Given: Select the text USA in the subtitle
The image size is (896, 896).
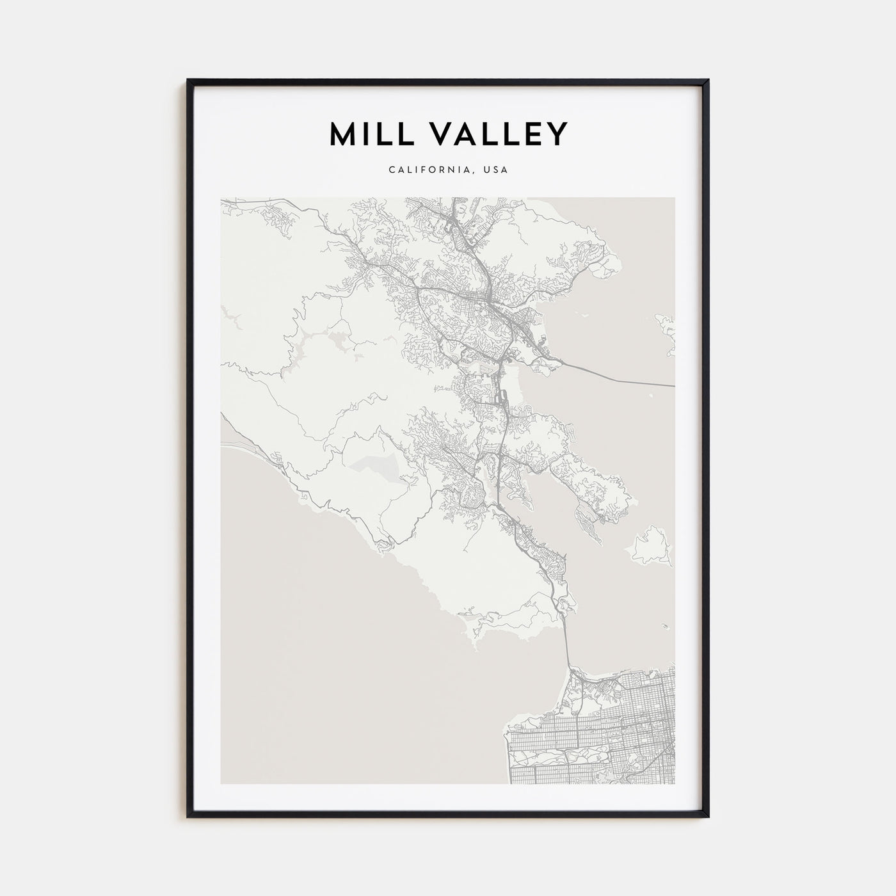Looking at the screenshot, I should point(496,170).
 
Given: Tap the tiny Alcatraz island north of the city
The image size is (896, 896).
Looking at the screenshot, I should point(666,627).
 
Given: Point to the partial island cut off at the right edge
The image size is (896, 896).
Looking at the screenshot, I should point(666,333).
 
